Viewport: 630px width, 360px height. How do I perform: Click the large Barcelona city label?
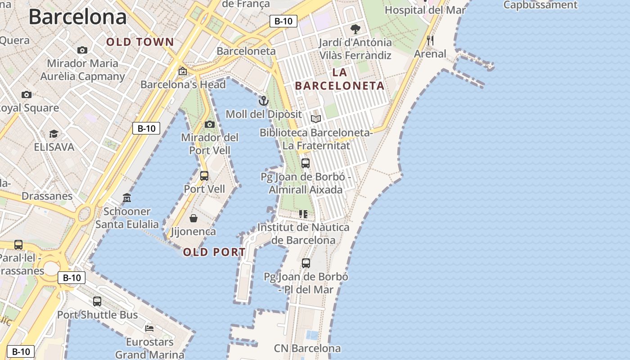pyautogui.click(x=77, y=17)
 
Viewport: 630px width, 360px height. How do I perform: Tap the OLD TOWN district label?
pyautogui.click(x=140, y=42)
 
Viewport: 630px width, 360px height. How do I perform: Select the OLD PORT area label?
pyautogui.click(x=214, y=252)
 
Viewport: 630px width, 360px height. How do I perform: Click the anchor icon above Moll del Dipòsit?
pyautogui.click(x=264, y=100)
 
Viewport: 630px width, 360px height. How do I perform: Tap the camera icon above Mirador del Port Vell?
pyautogui.click(x=210, y=124)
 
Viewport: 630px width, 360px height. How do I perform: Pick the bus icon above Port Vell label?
pyautogui.click(x=204, y=175)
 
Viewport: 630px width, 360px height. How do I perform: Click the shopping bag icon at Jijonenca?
pyautogui.click(x=193, y=218)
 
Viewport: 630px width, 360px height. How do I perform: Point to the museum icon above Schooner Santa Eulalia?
pyautogui.click(x=127, y=198)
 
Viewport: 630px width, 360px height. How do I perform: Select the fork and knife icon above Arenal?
pyautogui.click(x=430, y=40)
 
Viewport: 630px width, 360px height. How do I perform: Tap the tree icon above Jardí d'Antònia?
pyautogui.click(x=355, y=30)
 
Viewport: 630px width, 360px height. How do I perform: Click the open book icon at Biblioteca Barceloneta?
pyautogui.click(x=316, y=119)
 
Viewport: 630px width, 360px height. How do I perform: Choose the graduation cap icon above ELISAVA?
pyautogui.click(x=54, y=134)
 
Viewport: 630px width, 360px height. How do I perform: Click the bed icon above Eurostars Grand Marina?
pyautogui.click(x=149, y=328)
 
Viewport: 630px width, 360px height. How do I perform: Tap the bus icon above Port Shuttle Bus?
pyautogui.click(x=97, y=301)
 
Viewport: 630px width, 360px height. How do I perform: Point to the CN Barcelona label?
pyautogui.click(x=307, y=348)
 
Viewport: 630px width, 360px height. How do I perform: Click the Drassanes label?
pyautogui.click(x=47, y=196)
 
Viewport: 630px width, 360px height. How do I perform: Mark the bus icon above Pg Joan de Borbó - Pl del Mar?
pyautogui.click(x=306, y=263)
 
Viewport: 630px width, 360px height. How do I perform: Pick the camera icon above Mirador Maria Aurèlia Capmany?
pyautogui.click(x=82, y=50)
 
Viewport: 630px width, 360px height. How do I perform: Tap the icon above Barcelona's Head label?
pyautogui.click(x=183, y=71)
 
